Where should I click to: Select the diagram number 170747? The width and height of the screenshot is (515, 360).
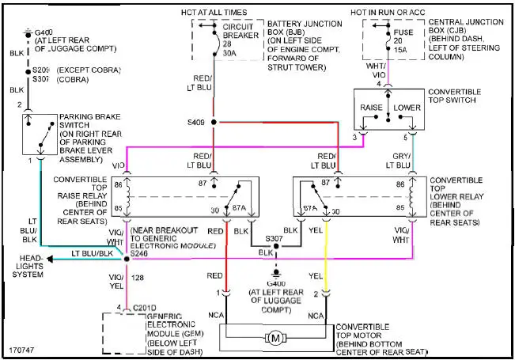(x=23, y=349)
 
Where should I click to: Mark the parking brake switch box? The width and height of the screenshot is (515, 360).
(x=39, y=135)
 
